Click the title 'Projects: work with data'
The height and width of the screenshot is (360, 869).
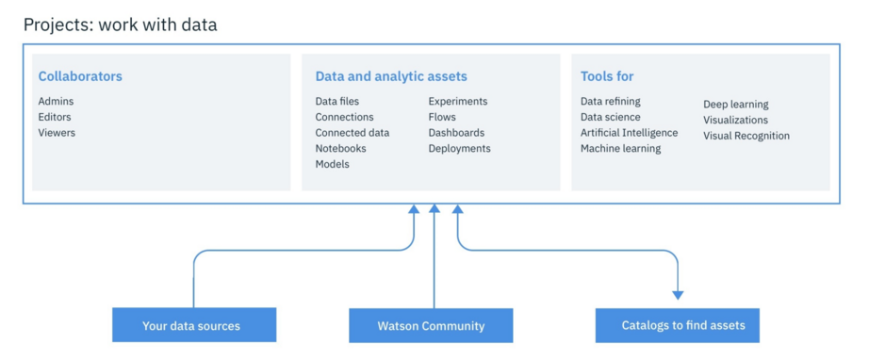tap(120, 25)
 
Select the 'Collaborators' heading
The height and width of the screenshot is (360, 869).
tap(80, 76)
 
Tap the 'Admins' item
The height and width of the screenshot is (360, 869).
tap(56, 102)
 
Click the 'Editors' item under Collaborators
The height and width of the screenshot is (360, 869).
tap(55, 117)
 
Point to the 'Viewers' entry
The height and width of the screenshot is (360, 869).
tap(57, 133)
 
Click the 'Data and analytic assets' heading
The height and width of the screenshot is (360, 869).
tap(390, 76)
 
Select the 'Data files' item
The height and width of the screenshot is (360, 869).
tap(336, 102)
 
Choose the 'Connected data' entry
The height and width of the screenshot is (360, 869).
tap(352, 133)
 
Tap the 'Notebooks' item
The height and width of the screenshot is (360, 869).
tap(340, 149)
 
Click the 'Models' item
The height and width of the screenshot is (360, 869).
tap(332, 164)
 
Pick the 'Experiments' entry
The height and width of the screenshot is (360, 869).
tap(457, 102)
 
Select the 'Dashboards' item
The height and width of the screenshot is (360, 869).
tap(456, 133)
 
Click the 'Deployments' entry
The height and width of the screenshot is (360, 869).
tap(459, 149)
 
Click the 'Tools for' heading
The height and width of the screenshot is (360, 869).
tap(606, 76)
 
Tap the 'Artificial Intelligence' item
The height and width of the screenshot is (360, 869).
tap(629, 133)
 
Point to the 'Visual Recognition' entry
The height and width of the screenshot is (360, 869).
tap(746, 136)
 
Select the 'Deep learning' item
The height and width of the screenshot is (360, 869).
tap(735, 105)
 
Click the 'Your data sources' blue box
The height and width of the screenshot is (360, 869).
tap(193, 325)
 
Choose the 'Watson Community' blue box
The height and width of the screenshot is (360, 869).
tap(431, 325)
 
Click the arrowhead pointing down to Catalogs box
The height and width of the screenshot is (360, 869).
tap(678, 294)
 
